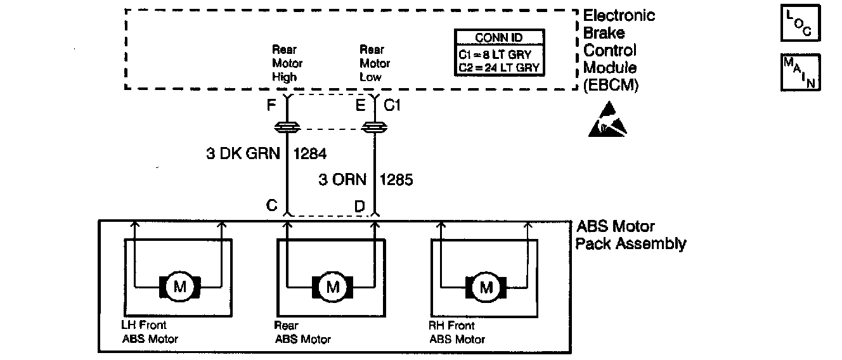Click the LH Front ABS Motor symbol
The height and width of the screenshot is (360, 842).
(x=179, y=287)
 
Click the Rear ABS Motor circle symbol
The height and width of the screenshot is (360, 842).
(x=333, y=287)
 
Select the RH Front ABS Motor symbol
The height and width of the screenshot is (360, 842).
(x=486, y=287)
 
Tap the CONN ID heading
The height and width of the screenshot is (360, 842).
(x=499, y=38)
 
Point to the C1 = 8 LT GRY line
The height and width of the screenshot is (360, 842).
(x=499, y=55)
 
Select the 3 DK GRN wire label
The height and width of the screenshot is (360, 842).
(x=243, y=153)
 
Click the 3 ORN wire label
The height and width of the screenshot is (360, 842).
(x=342, y=180)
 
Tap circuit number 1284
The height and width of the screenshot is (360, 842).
(x=310, y=153)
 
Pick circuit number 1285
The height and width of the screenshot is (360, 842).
(x=396, y=180)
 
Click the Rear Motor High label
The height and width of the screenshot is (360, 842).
(x=287, y=63)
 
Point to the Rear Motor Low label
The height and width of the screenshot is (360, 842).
(x=375, y=63)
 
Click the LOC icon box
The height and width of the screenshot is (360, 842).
(x=800, y=23)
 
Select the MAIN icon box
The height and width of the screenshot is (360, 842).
(x=800, y=72)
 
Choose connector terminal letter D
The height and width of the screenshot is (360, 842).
(x=359, y=207)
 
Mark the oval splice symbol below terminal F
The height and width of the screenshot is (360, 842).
(x=287, y=129)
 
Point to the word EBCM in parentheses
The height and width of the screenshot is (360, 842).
(x=611, y=86)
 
